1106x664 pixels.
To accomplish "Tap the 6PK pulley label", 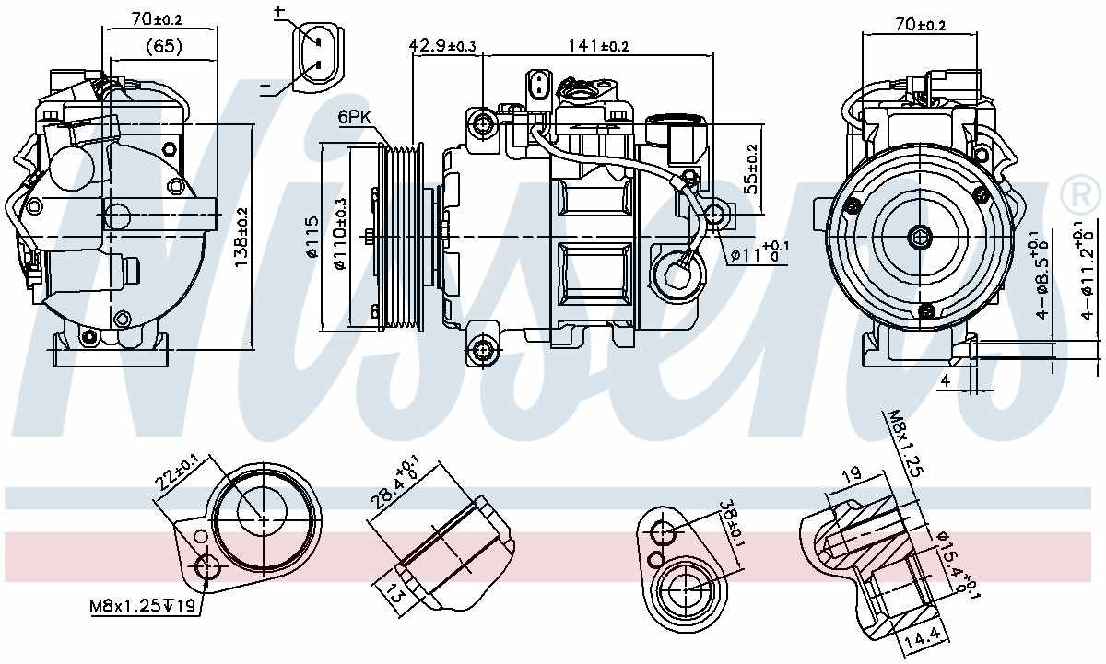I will click(x=355, y=117).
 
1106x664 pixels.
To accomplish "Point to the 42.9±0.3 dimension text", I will click(x=442, y=45).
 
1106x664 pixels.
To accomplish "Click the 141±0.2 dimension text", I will click(x=597, y=45).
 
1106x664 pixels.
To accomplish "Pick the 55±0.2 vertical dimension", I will click(x=751, y=168).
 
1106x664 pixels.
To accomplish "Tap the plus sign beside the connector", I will click(x=279, y=12).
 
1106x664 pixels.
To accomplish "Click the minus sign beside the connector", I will click(x=265, y=87).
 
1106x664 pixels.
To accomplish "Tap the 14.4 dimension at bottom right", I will click(x=920, y=635).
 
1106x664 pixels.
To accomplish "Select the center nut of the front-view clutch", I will click(x=919, y=237).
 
